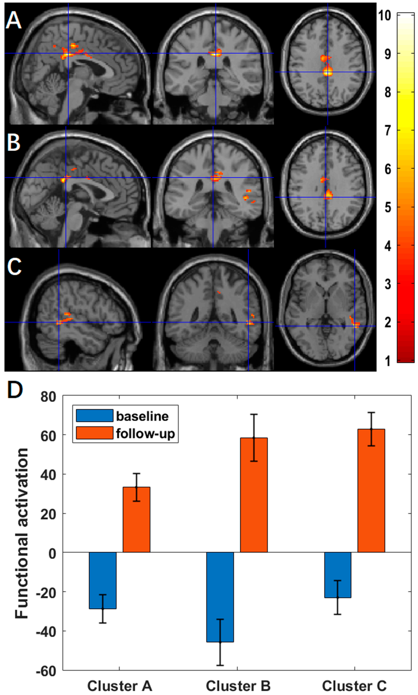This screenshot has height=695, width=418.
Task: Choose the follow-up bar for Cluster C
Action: click(371, 490)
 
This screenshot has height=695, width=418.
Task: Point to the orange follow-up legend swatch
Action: click(95, 433)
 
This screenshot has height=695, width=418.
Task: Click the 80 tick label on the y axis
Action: click(48, 397)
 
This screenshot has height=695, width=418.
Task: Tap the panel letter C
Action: click(14, 266)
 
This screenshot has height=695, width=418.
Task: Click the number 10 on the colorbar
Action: click(385, 15)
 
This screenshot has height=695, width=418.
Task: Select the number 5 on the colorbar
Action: click(388, 208)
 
